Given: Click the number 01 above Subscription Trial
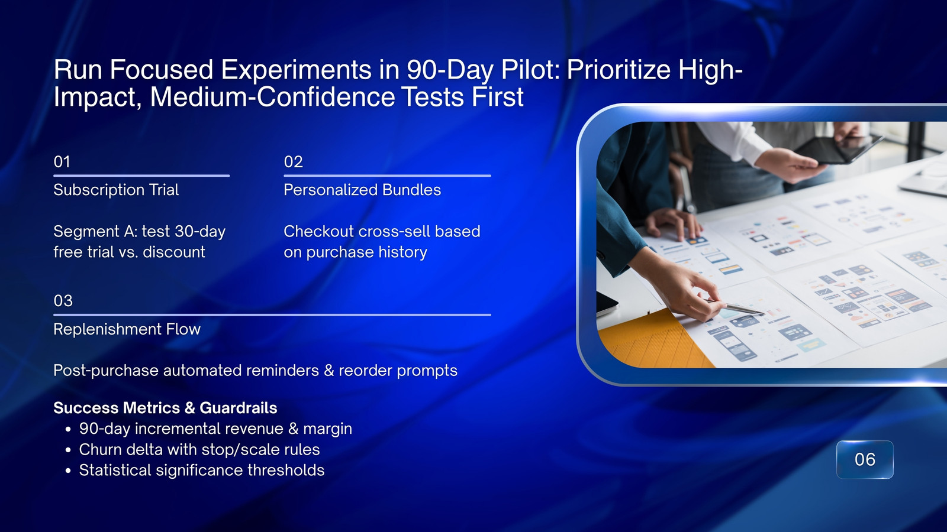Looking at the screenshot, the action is point(62,162).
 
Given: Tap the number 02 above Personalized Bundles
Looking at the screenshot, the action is point(294,162).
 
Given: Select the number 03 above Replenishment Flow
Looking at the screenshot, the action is point(63,301).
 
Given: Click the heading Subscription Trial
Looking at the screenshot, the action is point(116,190).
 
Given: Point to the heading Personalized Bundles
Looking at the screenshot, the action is point(362,190).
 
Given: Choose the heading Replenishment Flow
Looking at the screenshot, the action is point(127,329).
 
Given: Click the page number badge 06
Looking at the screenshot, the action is point(865,459).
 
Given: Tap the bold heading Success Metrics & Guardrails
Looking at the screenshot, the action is point(165,408).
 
